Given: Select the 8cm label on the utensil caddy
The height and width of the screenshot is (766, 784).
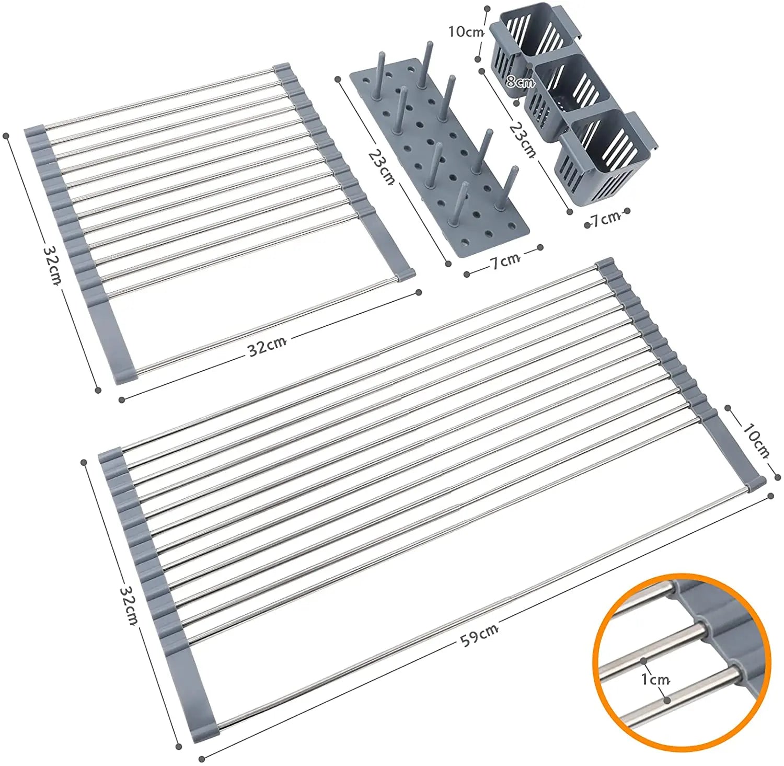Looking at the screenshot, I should [520, 82].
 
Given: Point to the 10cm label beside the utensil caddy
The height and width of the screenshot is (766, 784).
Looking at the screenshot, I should [465, 31].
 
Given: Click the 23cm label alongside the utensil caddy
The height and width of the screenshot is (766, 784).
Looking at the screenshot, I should [523, 140].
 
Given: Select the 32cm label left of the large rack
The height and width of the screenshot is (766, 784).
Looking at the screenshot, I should [129, 605].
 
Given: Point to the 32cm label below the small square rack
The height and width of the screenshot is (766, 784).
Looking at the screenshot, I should [267, 346].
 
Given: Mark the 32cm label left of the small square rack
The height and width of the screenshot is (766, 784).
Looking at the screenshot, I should [52, 264].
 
